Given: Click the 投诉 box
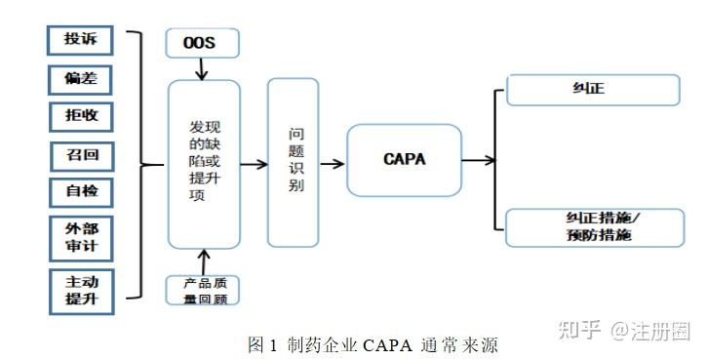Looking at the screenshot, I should pos(81,40).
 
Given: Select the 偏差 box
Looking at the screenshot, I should pos(81,78).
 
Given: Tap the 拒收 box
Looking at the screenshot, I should pos(81,116).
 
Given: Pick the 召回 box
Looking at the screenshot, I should pos(81,154).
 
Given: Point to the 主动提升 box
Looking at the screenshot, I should pos(81,291).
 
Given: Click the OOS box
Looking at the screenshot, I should pos(203,43).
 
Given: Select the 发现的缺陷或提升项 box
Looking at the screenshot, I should pos(203,164).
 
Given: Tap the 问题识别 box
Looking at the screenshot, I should pos(293,162).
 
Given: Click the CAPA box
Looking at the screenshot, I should pos(404,160).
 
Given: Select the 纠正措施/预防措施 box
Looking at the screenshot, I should pos(593,227).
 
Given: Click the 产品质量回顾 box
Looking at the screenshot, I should pos(203,290).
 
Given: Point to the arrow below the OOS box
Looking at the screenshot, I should pos(203,68).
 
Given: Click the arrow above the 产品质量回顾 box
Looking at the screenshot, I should pos(203,261).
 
